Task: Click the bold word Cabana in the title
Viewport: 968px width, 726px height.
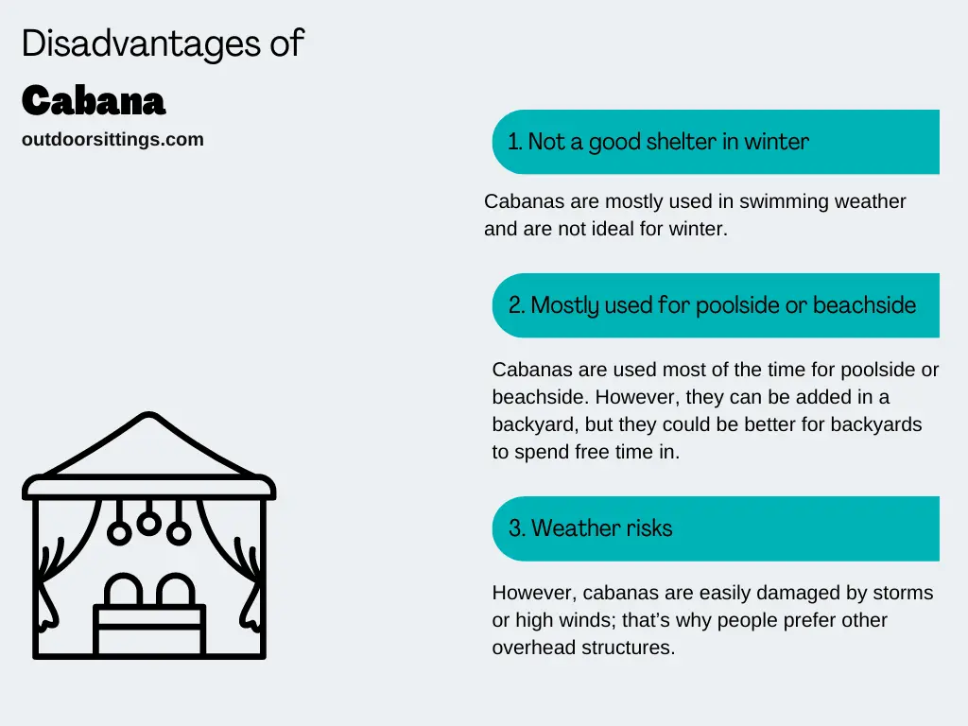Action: tap(94, 100)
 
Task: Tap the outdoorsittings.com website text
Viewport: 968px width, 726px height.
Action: tap(112, 140)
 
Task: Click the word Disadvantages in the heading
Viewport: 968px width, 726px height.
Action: tap(142, 44)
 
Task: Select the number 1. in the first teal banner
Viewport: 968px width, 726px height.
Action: tap(515, 142)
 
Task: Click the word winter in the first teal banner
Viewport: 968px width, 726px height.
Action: tap(776, 142)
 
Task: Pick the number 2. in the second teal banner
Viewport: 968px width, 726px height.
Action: tap(517, 305)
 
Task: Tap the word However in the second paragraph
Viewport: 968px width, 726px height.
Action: tap(637, 397)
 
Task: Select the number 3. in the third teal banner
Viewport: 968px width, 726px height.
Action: tap(517, 528)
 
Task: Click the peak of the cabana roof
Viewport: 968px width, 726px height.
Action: tap(148, 414)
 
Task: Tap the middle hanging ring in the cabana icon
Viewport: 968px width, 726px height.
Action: tap(148, 524)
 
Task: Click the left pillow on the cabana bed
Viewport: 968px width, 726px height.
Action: tap(124, 590)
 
